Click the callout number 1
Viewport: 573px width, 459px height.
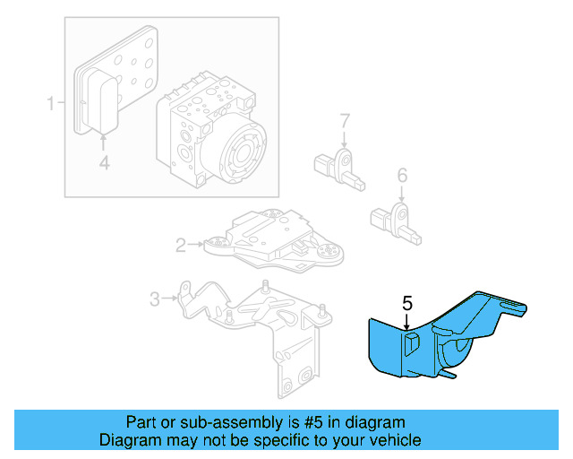point(51,104)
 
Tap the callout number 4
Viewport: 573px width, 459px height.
point(104,162)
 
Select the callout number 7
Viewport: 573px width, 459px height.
point(344,120)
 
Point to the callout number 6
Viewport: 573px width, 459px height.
point(402,174)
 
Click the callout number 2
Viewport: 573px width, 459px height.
point(180,243)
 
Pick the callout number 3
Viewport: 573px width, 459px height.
point(154,299)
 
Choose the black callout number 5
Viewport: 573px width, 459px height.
point(407,303)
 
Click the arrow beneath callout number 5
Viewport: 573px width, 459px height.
point(407,323)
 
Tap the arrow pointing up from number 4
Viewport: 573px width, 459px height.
point(104,142)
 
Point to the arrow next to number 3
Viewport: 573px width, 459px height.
point(172,299)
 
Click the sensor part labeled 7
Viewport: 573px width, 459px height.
point(338,166)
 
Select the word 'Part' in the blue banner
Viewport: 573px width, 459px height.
point(141,422)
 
